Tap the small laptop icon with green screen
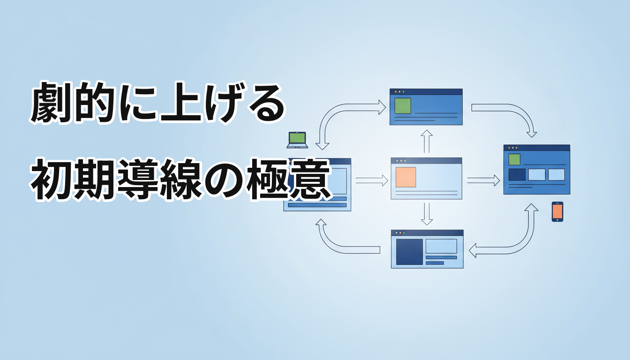(x=297, y=140)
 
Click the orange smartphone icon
(x=557, y=211)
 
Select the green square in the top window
(x=403, y=106)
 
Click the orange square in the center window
(x=405, y=177)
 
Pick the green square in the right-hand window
(x=514, y=159)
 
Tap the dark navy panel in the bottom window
(x=409, y=252)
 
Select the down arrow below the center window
(x=427, y=214)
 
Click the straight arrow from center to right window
(x=483, y=180)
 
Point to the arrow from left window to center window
(x=372, y=180)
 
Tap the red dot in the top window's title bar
(x=396, y=92)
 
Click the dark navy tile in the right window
(x=517, y=175)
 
